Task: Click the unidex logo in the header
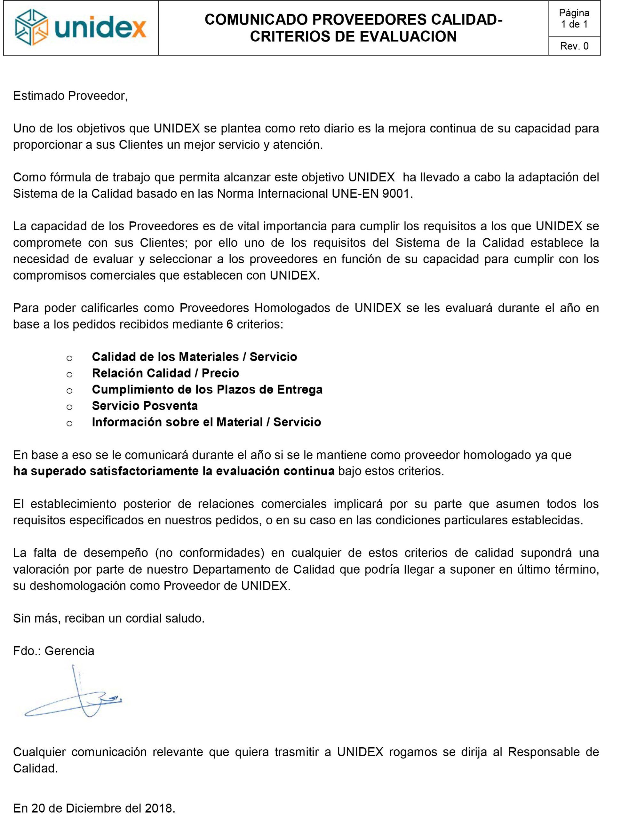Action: click(x=81, y=28)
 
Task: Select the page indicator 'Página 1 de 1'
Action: click(x=574, y=19)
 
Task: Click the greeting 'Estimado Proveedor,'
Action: click(x=70, y=96)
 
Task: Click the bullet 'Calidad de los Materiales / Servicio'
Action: click(x=194, y=357)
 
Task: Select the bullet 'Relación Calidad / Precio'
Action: click(x=165, y=373)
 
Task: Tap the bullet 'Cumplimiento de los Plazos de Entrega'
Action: click(x=207, y=390)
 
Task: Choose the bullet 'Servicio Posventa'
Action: click(x=145, y=406)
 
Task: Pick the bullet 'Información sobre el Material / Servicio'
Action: click(x=206, y=422)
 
